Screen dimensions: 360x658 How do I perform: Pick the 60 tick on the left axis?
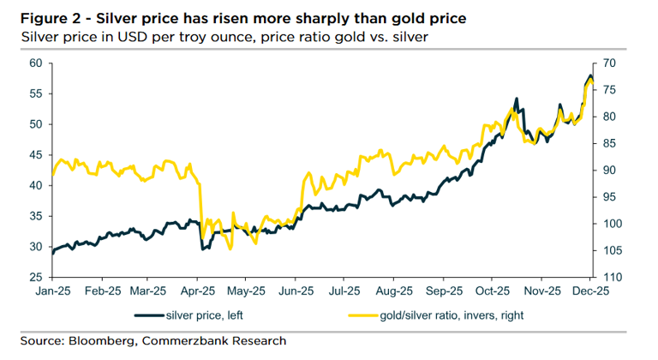35,63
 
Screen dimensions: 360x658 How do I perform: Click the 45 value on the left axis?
35,155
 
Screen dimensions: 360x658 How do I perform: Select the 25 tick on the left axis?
35,278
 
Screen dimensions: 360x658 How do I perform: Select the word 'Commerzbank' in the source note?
186,341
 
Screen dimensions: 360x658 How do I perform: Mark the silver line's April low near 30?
203,249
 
